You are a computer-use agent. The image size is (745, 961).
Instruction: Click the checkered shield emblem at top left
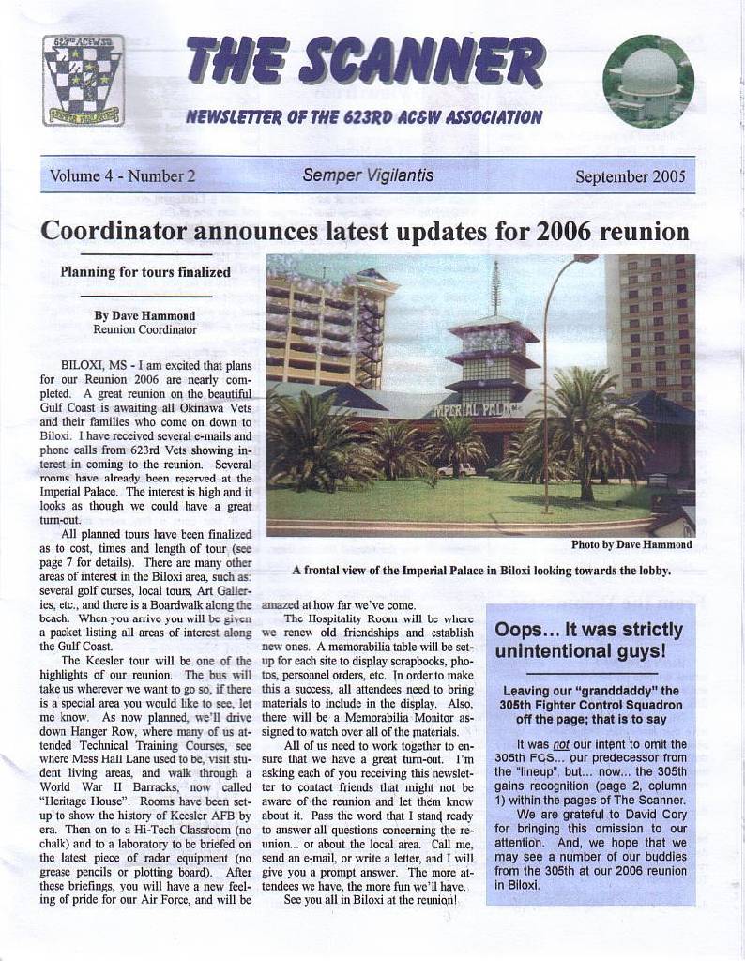(x=84, y=80)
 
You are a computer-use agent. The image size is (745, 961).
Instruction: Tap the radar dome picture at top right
(x=648, y=82)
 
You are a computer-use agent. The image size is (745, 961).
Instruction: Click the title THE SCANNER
(x=364, y=61)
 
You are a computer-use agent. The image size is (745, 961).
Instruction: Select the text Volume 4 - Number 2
(x=122, y=175)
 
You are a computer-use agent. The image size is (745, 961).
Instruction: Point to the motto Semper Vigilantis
(x=368, y=175)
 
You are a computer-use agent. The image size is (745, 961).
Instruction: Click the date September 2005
(x=630, y=176)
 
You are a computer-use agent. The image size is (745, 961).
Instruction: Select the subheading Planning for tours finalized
(x=145, y=272)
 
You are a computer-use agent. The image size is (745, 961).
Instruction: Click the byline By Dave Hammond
(x=144, y=315)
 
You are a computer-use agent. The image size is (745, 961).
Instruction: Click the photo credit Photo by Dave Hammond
(x=631, y=544)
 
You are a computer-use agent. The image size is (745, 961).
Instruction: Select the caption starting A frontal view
(x=480, y=570)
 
